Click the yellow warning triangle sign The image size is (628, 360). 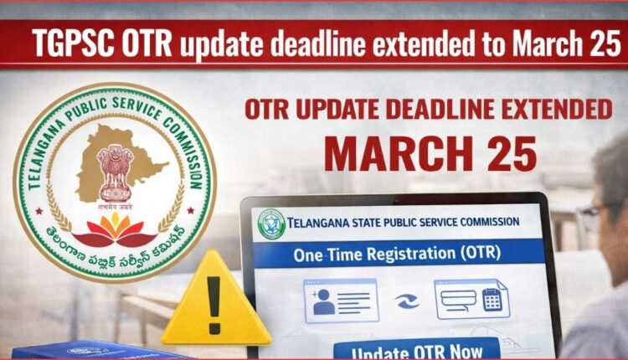[x=216, y=300]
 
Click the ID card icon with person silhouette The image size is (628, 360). [x=340, y=300]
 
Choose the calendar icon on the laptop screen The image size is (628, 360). [x=492, y=299]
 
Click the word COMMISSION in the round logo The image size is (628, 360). [x=184, y=142]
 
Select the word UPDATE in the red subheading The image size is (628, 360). [x=329, y=110]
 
